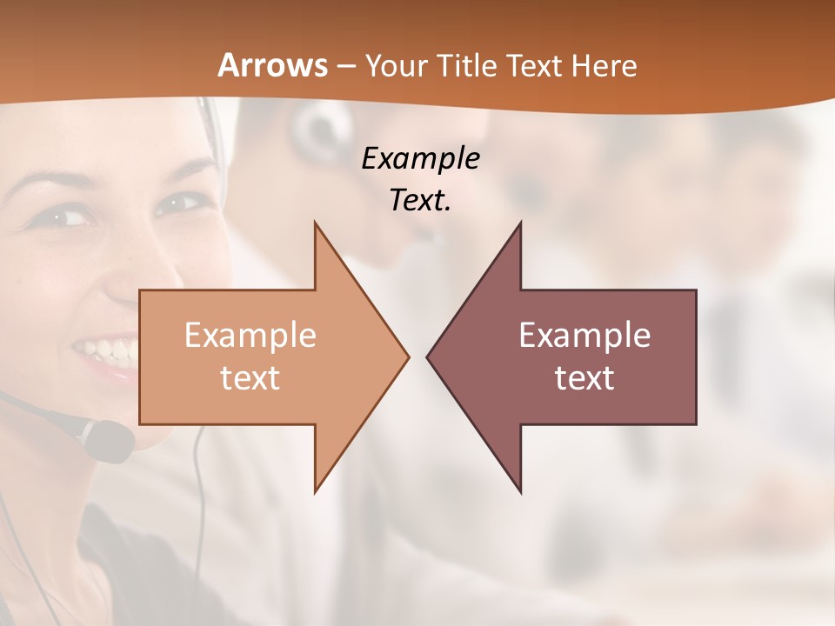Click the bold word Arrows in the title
tap(273, 65)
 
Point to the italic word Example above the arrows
tap(420, 159)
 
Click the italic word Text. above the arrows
tap(420, 201)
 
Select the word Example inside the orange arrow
tap(250, 335)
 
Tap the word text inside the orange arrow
tap(250, 377)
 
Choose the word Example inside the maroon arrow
tap(584, 335)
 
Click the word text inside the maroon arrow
tap(584, 377)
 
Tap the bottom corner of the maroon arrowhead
tap(520, 491)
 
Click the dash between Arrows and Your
tap(346, 66)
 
